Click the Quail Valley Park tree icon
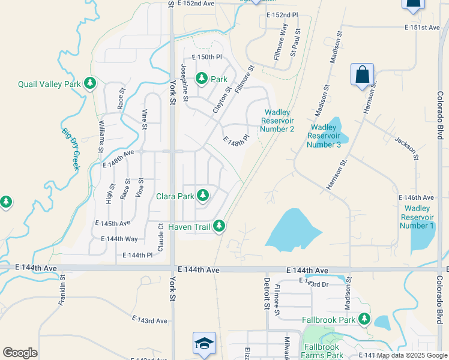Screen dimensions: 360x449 pos(90,83)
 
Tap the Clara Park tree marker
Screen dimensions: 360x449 pos(203,195)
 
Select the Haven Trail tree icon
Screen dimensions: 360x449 pos(220,226)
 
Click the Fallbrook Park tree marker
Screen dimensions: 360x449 pos(364,319)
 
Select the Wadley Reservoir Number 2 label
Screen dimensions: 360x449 pos(278,121)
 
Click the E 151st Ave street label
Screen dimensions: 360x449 pos(423,28)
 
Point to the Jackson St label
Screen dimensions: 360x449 pos(405,148)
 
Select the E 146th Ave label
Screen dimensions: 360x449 pos(416,197)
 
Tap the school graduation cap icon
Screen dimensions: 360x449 pos(204,343)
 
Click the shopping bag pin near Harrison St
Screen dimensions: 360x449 pos(363,76)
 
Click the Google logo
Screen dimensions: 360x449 pos(20,353)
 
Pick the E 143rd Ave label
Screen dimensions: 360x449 pos(149,321)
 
